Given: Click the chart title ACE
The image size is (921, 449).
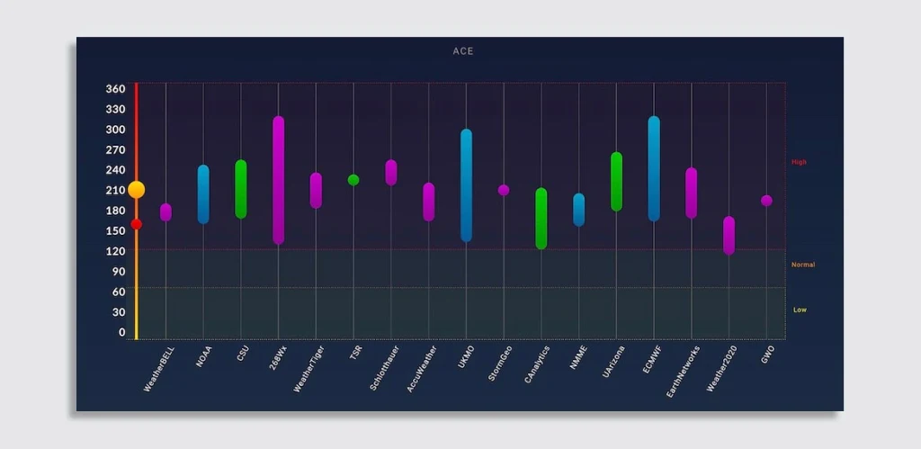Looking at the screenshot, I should click(x=462, y=51).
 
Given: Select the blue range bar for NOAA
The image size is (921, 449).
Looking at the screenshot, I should click(x=203, y=194).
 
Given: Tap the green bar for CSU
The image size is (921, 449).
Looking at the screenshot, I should click(x=241, y=189).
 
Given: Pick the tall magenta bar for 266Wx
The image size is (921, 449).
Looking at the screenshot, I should click(x=278, y=180).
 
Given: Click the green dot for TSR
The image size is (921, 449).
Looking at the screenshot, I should click(x=353, y=180).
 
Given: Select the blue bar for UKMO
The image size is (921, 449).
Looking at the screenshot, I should click(x=466, y=185).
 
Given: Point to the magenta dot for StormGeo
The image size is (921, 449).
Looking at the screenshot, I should click(x=504, y=190).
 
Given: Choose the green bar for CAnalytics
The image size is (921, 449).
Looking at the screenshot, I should click(x=541, y=219).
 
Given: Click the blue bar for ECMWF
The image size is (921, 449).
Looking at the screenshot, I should click(x=654, y=169).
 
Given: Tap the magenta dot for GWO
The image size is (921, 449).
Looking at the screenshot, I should click(x=766, y=201).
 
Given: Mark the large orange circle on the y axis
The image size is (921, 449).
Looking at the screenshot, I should click(x=136, y=189).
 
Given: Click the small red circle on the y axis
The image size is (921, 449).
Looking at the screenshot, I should click(x=136, y=224).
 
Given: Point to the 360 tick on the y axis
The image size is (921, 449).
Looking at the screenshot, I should click(x=115, y=89).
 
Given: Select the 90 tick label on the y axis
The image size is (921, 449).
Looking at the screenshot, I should click(x=118, y=272).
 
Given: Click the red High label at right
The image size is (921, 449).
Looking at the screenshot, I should click(x=799, y=162).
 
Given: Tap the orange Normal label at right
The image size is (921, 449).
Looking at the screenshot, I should click(x=802, y=265).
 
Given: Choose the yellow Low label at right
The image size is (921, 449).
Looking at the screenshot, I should click(x=800, y=310).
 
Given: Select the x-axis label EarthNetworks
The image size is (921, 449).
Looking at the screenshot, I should click(x=684, y=369).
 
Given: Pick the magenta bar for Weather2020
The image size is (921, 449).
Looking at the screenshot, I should click(x=729, y=236).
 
